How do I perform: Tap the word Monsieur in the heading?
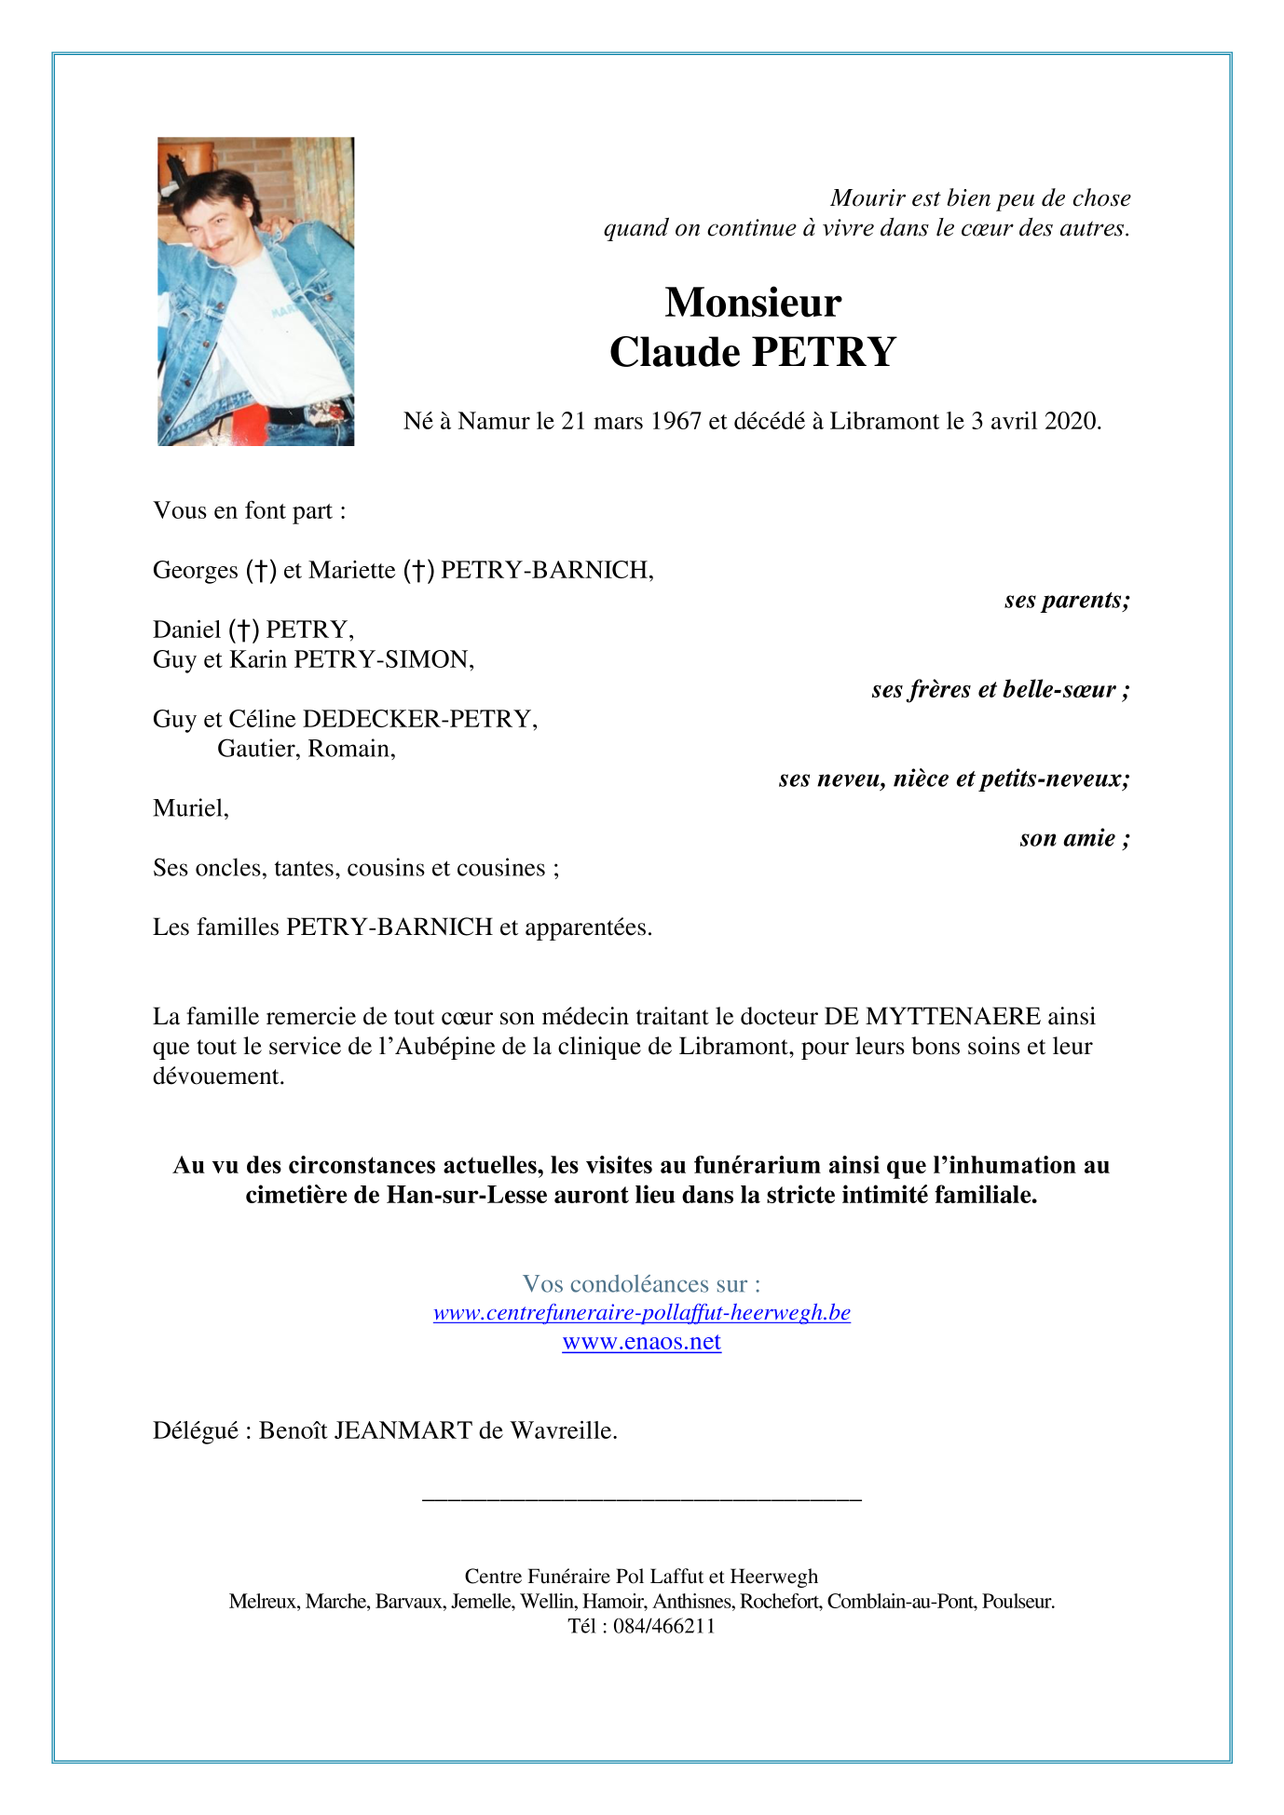pos(753,304)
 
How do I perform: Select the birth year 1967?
pos(676,422)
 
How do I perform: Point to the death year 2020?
pos(1072,422)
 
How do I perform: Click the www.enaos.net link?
pos(641,1342)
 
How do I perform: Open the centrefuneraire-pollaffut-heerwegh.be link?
pos(641,1313)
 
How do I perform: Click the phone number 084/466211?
pos(663,1626)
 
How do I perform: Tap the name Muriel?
pos(189,808)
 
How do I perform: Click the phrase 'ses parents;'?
pos(1067,601)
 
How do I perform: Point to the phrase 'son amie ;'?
pos(1074,839)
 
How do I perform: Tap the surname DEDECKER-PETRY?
pos(419,720)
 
